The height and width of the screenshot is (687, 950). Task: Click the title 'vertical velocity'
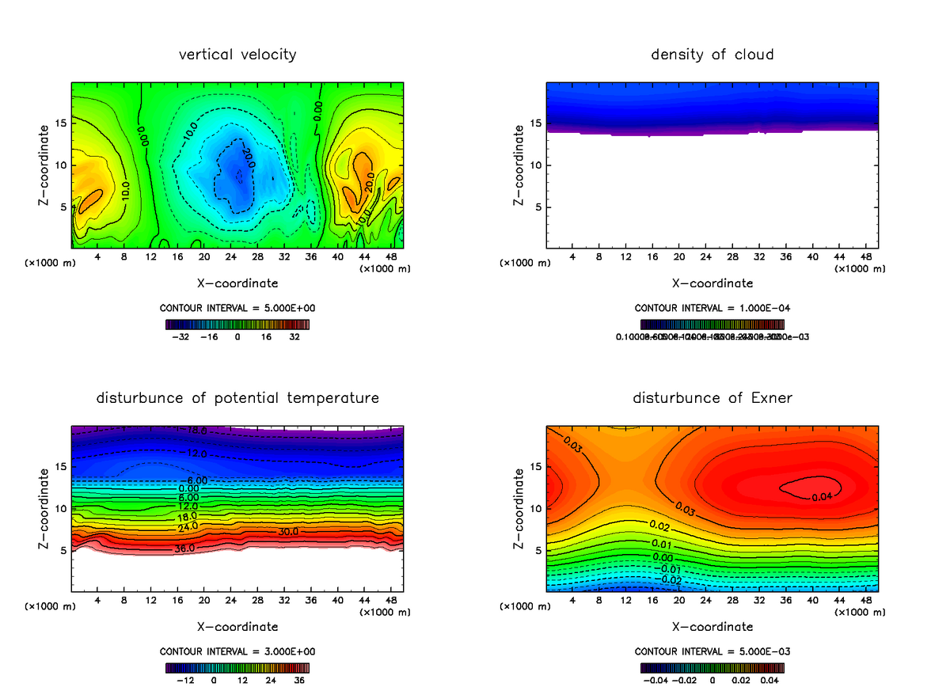pyautogui.click(x=237, y=55)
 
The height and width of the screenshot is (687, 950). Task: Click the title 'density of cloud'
pyautogui.click(x=712, y=55)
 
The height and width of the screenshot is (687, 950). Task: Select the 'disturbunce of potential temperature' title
pyautogui.click(x=237, y=398)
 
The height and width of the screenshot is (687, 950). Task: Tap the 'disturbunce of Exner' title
pyautogui.click(x=712, y=398)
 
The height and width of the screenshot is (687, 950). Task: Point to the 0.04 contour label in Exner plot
pyautogui.click(x=823, y=496)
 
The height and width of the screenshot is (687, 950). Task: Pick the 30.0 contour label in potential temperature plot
pyautogui.click(x=288, y=532)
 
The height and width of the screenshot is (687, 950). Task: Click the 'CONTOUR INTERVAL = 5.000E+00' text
pyautogui.click(x=237, y=308)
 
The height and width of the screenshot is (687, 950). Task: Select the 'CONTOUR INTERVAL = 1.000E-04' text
pyautogui.click(x=712, y=308)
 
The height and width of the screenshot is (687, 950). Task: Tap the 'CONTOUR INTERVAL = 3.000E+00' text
pyautogui.click(x=237, y=651)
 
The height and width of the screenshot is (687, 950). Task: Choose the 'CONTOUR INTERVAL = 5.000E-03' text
pyautogui.click(x=712, y=651)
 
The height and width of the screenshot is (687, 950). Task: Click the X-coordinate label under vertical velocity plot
pyautogui.click(x=237, y=283)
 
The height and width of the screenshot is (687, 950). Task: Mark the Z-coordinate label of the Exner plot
pyautogui.click(x=519, y=508)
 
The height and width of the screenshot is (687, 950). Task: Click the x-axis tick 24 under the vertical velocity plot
pyautogui.click(x=230, y=257)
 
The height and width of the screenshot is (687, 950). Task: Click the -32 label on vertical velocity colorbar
pyautogui.click(x=183, y=336)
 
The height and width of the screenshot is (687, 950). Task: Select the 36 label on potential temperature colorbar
pyautogui.click(x=298, y=679)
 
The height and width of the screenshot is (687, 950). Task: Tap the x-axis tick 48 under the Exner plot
pyautogui.click(x=866, y=601)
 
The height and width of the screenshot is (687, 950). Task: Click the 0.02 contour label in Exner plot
pyautogui.click(x=660, y=526)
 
